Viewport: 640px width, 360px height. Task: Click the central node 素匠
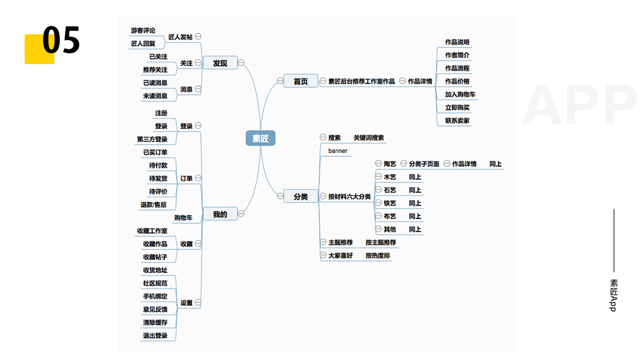[260, 139]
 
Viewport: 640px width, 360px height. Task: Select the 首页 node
[301, 81]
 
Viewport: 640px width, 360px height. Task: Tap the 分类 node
[301, 196]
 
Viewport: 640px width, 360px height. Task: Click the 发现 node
[220, 62]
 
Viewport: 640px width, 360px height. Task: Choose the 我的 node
[220, 214]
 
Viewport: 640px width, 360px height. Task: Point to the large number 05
[61, 41]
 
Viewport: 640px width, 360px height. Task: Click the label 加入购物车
[461, 94]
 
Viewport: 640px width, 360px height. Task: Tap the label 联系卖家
[458, 121]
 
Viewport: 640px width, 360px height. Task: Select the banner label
[338, 151]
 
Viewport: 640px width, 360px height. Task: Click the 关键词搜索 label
[369, 138]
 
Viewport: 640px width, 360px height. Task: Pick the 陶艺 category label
[390, 164]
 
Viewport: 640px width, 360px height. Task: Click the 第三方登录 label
[152, 139]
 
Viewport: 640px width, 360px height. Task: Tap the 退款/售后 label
[154, 205]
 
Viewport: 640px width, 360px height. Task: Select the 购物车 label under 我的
[184, 218]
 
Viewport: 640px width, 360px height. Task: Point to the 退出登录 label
[155, 335]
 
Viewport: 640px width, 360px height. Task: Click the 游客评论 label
[143, 31]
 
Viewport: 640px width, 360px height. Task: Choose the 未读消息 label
[155, 95]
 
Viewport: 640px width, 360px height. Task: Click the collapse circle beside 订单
[198, 178]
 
